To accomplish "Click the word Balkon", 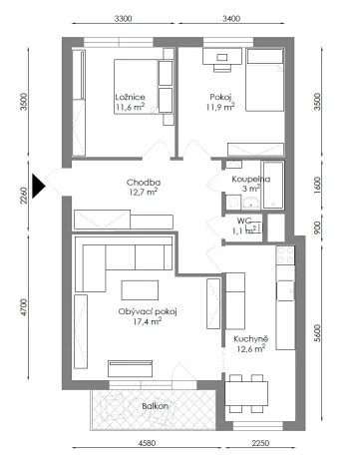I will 155,406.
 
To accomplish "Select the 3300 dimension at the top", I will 124,18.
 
